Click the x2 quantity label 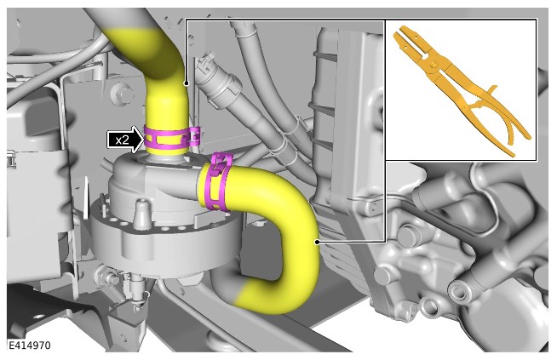tap(122, 140)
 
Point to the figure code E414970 tap(30, 346)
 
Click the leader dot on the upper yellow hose tap(186, 83)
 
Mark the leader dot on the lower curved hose tap(317, 243)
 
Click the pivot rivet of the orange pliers tap(433, 65)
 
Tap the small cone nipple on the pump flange tap(141, 214)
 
